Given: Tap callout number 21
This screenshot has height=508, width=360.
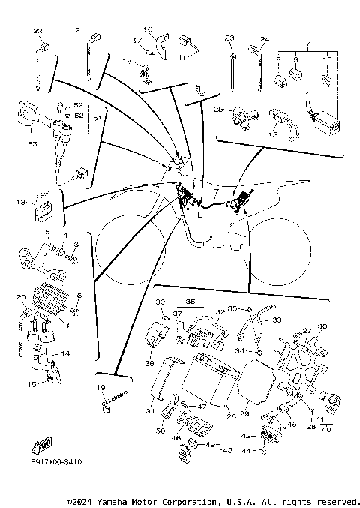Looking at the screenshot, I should [x=79, y=30].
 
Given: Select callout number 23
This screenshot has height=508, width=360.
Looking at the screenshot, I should [x=230, y=38].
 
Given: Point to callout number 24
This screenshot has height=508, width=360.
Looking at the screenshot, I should [x=264, y=38].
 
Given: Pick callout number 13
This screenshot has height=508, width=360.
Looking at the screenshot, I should [x=20, y=202].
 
